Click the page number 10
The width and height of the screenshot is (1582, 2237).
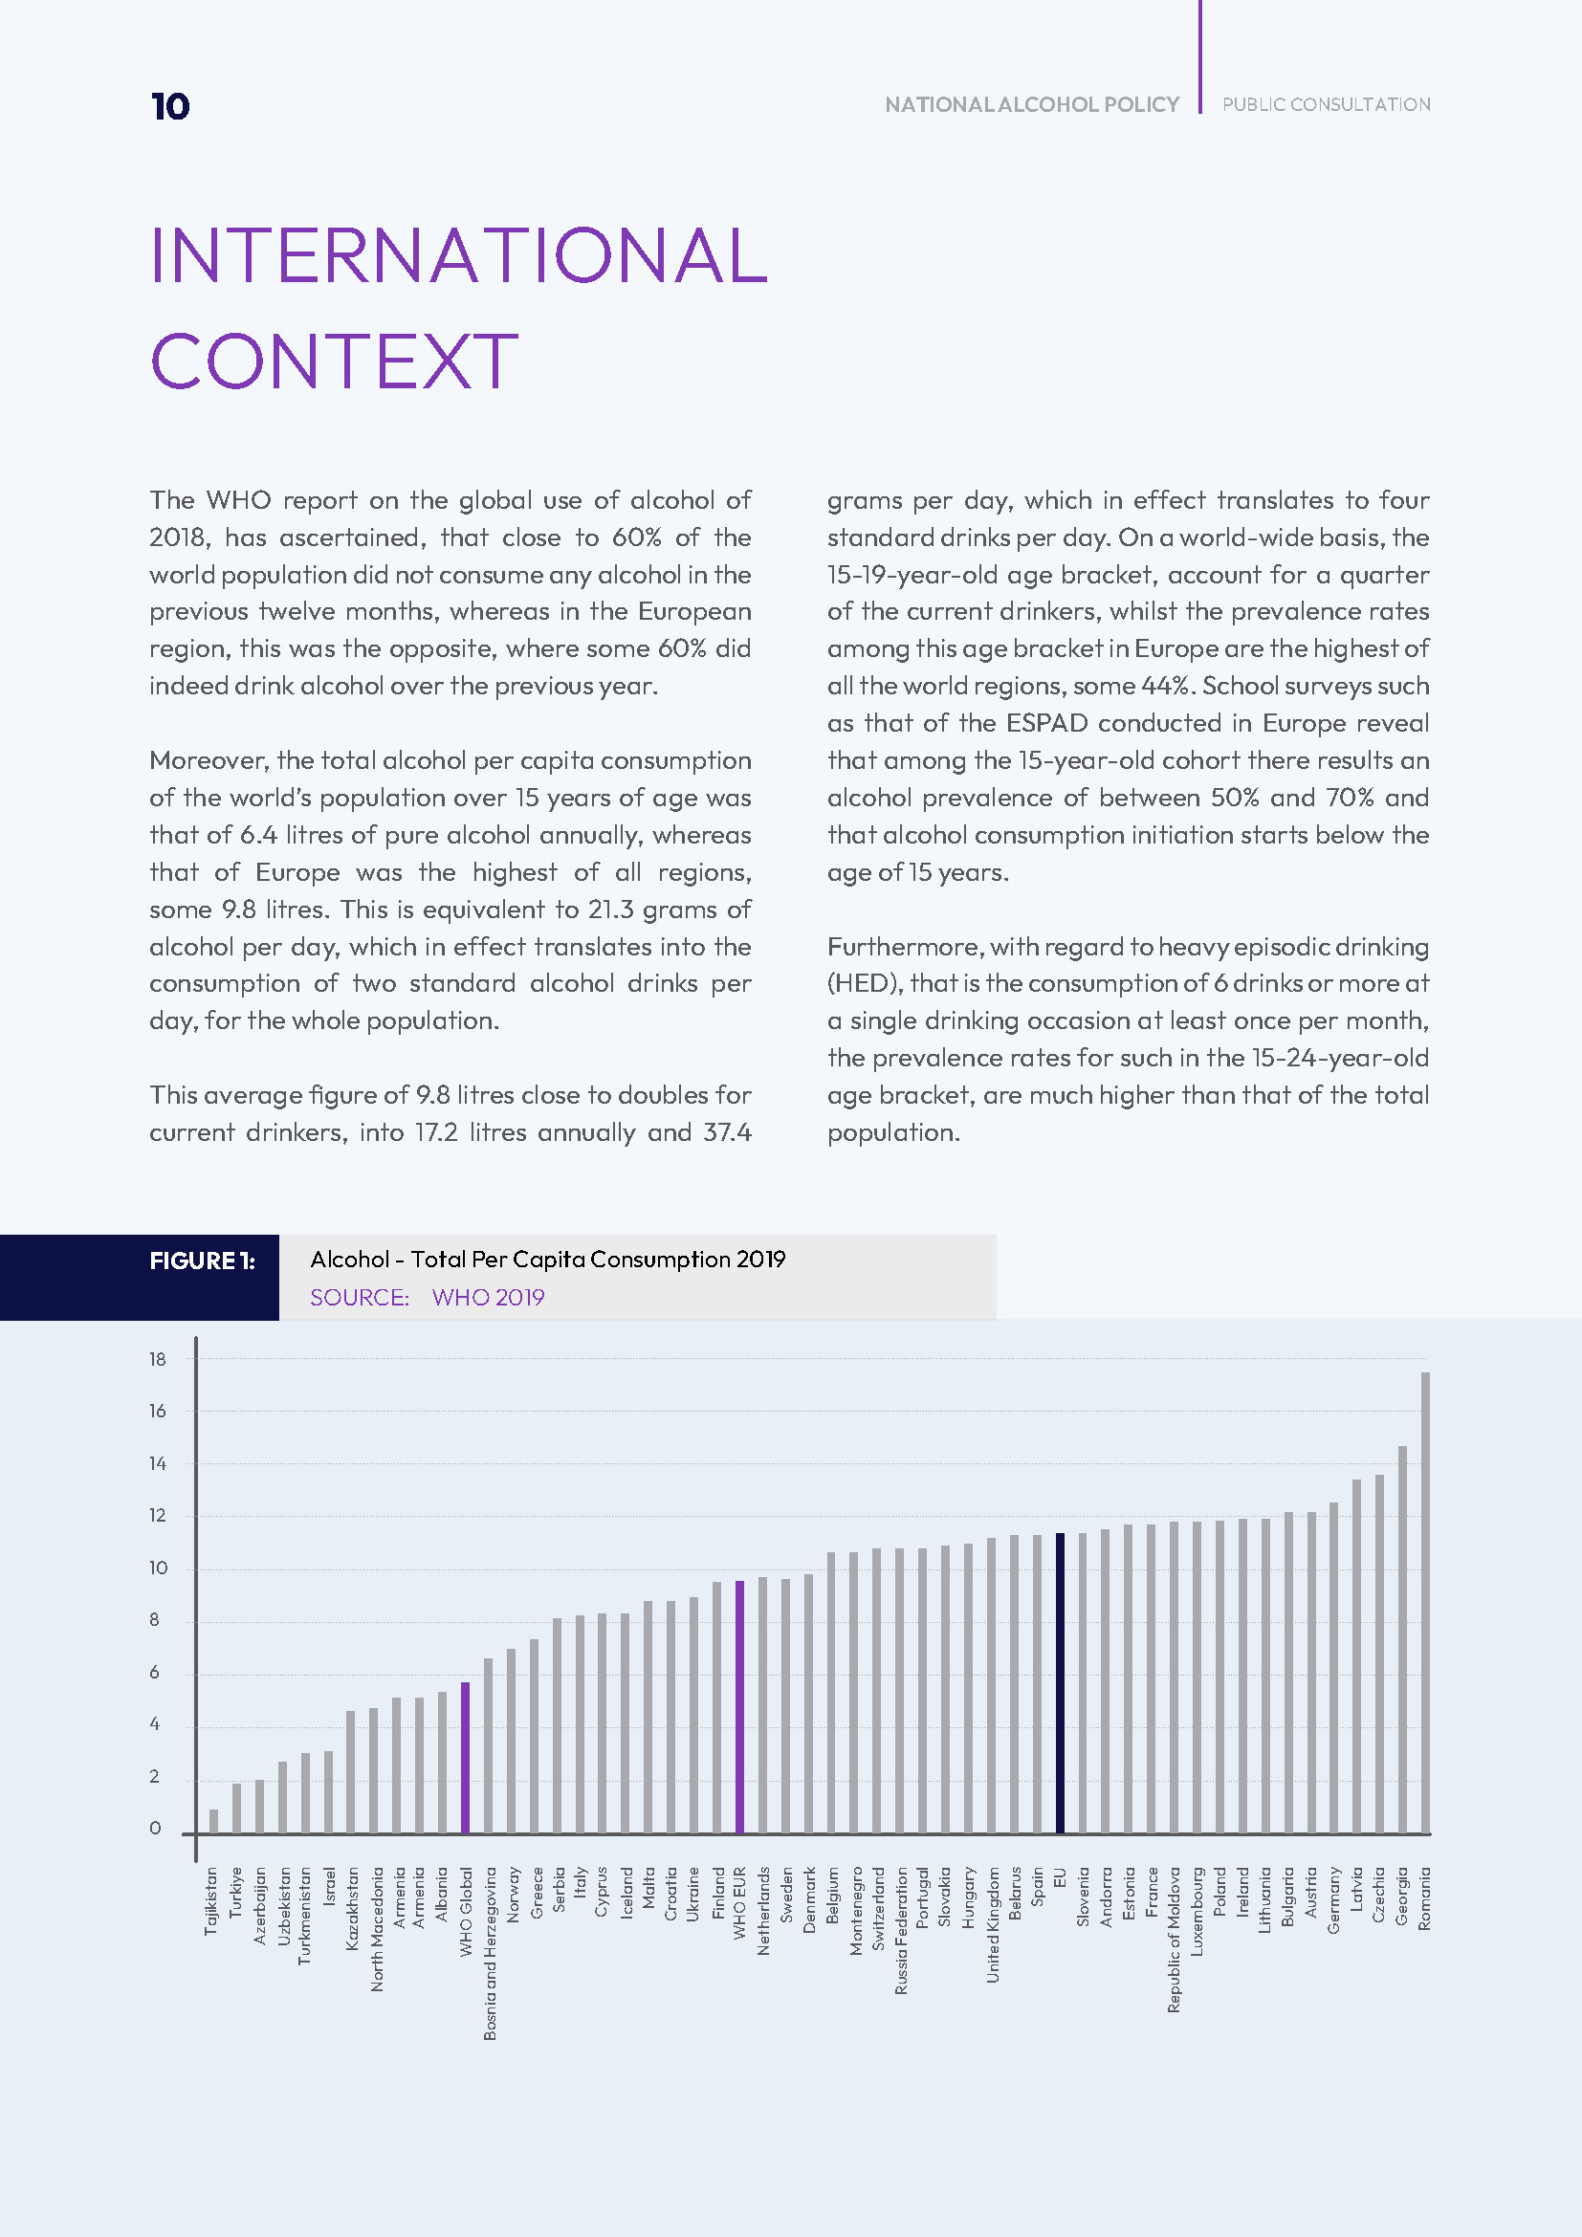click(x=170, y=106)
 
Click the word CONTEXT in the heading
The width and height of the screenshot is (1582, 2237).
click(x=333, y=362)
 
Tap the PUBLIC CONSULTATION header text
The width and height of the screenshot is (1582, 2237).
click(x=1326, y=104)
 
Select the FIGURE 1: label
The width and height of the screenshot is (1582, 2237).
click(x=202, y=1261)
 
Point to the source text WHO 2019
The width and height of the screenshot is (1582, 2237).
click(x=488, y=1297)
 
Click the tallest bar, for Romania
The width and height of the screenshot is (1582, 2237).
click(x=1425, y=1602)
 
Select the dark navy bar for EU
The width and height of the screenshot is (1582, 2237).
click(x=1060, y=1682)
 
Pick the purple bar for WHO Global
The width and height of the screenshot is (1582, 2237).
click(x=466, y=1758)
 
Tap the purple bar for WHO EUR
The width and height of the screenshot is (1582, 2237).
click(x=739, y=1707)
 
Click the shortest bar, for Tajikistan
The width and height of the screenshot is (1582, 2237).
click(x=213, y=1821)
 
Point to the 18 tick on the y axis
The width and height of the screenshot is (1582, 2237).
click(x=158, y=1359)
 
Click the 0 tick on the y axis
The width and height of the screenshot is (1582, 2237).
click(x=155, y=1829)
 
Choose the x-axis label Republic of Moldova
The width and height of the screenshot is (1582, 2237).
click(x=1174, y=1940)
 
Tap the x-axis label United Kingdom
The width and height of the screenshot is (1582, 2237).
click(x=993, y=1924)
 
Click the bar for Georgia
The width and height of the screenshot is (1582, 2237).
click(x=1402, y=1639)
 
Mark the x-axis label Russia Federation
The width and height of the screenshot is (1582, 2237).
click(x=901, y=1931)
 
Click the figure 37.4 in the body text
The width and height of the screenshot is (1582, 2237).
click(x=727, y=1132)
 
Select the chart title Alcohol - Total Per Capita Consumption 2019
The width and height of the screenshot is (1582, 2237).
click(x=547, y=1259)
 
